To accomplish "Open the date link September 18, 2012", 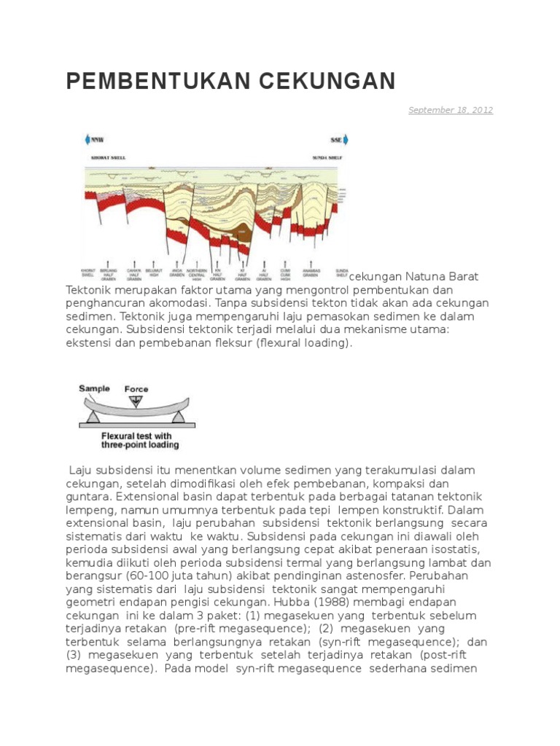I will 450,110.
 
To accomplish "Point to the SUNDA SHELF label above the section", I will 332,155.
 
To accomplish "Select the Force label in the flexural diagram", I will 136,388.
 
